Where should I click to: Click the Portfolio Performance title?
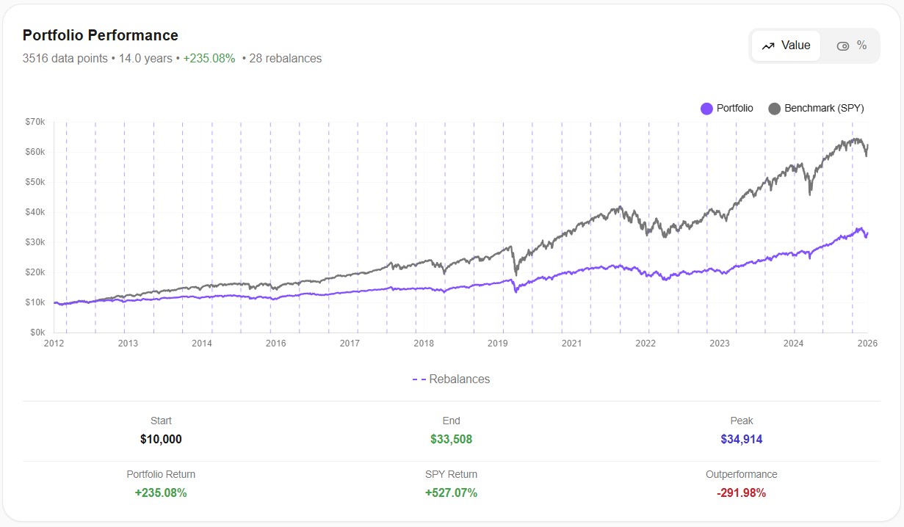pyautogui.click(x=101, y=35)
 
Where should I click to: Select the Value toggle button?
pyautogui.click(x=786, y=46)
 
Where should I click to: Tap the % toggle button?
pyautogui.click(x=852, y=46)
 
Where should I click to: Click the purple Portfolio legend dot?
pyautogui.click(x=706, y=109)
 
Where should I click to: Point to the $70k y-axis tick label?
pyautogui.click(x=35, y=122)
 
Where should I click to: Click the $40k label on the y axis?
pyautogui.click(x=35, y=212)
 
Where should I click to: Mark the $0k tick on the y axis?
pyautogui.click(x=37, y=332)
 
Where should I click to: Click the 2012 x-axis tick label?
pyautogui.click(x=54, y=344)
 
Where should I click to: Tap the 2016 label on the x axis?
pyautogui.click(x=275, y=344)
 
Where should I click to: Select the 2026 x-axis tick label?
pyautogui.click(x=868, y=344)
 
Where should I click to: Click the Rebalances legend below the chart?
pyautogui.click(x=451, y=379)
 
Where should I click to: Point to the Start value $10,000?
pyautogui.click(x=161, y=440)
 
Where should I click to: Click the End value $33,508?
pyautogui.click(x=451, y=440)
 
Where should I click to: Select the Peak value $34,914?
pyautogui.click(x=741, y=440)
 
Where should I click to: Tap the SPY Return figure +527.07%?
pyautogui.click(x=451, y=493)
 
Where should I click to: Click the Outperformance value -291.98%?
pyautogui.click(x=741, y=493)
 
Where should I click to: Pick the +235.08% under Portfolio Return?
pyautogui.click(x=161, y=493)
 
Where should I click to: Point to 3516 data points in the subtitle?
pyautogui.click(x=65, y=59)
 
